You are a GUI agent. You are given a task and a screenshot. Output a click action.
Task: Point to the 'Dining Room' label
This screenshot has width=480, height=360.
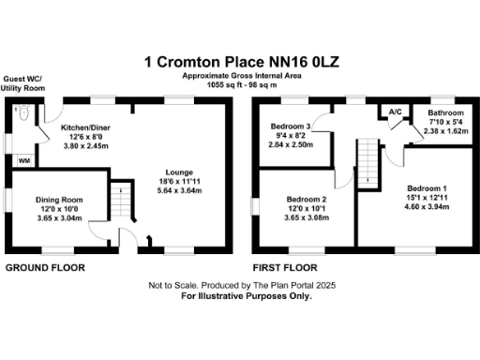click(x=59, y=199)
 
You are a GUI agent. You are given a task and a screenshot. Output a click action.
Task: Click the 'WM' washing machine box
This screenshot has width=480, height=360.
click(x=22, y=160)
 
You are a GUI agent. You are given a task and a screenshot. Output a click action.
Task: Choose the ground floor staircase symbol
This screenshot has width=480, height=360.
click(x=119, y=199)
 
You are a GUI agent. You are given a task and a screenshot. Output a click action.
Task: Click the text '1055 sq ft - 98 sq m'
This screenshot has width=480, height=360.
click(x=241, y=82)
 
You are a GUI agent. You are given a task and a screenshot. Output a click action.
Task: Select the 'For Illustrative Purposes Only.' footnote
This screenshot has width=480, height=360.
click(x=241, y=294)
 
